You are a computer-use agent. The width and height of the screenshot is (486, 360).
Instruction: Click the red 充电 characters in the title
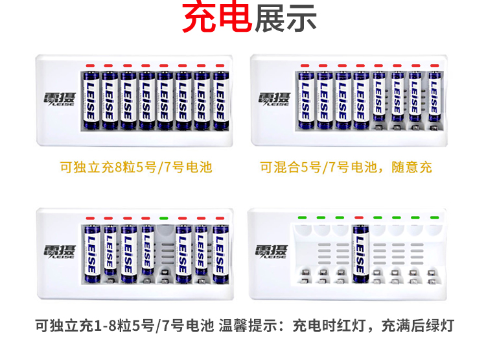[216, 18]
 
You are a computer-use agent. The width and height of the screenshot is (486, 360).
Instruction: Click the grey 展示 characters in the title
[286, 18]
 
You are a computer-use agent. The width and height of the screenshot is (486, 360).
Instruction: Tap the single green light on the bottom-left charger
[164, 219]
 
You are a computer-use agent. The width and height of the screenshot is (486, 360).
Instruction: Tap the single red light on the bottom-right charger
[359, 217]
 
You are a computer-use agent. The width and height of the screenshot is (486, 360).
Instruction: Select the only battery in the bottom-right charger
[360, 254]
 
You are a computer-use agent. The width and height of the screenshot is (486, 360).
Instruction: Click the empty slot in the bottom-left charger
[164, 254]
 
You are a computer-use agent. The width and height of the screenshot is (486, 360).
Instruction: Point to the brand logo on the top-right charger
[275, 99]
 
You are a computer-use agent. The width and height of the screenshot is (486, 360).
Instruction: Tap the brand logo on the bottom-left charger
[59, 252]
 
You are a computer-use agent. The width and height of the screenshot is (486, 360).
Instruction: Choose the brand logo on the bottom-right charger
[272, 252]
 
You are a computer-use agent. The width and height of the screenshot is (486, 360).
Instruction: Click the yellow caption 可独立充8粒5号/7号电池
[136, 167]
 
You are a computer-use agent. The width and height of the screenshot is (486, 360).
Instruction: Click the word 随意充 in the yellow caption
[411, 167]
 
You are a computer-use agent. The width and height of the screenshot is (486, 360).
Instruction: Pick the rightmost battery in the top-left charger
[220, 101]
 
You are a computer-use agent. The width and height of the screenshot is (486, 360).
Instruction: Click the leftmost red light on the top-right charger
[305, 66]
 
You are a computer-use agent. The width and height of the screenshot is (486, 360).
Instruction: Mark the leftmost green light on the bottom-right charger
[302, 217]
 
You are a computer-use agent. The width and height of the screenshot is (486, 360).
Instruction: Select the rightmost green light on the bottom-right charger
[435, 217]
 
